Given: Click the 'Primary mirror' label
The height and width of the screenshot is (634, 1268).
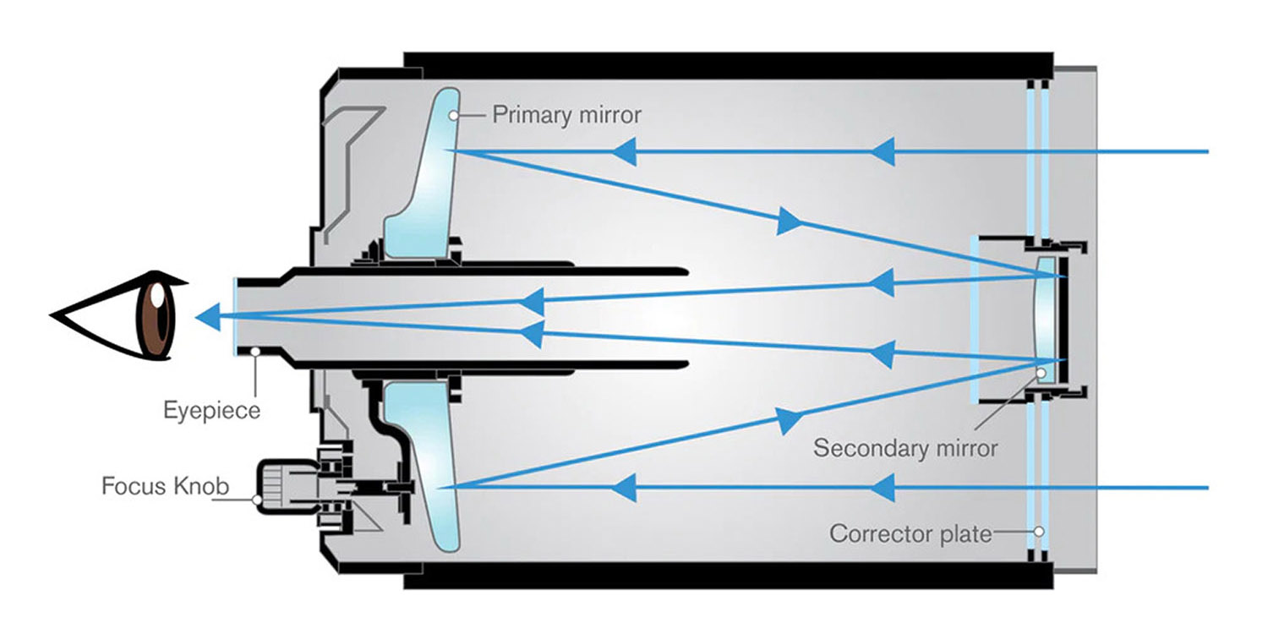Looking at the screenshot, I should click(x=566, y=115).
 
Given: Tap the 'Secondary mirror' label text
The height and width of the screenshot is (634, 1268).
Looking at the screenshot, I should click(x=905, y=447).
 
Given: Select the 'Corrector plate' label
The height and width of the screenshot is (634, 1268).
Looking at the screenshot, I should click(x=910, y=534).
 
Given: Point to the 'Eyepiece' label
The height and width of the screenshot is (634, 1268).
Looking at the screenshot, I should click(x=211, y=412).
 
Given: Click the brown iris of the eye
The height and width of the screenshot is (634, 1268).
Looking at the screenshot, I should click(x=159, y=314).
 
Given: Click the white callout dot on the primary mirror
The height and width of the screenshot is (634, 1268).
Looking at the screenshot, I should click(x=455, y=114).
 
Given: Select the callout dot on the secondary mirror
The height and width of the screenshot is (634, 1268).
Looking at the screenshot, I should click(x=1041, y=373).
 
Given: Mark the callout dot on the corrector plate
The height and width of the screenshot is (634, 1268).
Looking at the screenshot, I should click(x=1039, y=533).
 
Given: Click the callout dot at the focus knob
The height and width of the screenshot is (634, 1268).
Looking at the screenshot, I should click(x=257, y=500).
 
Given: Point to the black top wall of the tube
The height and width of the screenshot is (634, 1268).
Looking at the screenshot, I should click(x=727, y=64).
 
